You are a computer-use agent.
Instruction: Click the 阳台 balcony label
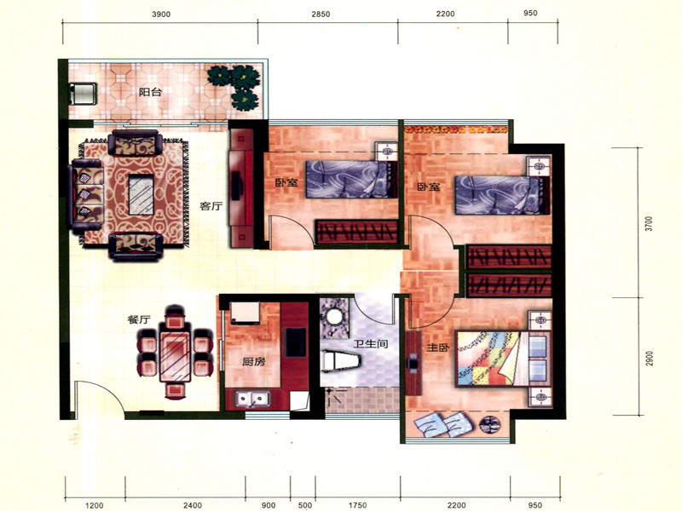pos(150,92)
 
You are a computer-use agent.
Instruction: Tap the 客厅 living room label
pos(211,206)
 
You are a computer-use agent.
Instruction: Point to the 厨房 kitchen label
pos(253,361)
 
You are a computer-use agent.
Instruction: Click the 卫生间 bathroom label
pos(370,344)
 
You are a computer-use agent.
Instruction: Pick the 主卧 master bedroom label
pos(438,347)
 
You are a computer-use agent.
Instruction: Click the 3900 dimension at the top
pos(161,14)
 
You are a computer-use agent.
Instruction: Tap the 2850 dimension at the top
pos(321,14)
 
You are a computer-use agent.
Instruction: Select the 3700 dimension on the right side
pos(649,223)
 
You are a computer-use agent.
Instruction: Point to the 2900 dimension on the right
pos(649,359)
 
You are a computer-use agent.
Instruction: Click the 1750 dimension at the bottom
pos(357,505)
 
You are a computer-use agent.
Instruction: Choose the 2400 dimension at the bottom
pos(193,505)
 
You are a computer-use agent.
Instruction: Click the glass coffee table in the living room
pos(142,195)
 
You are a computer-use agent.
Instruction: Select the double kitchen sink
pos(252,399)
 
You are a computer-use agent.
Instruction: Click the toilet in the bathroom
pos(343,361)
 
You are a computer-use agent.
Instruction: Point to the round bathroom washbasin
pos(334,316)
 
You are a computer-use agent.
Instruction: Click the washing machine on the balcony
pos(83,94)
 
